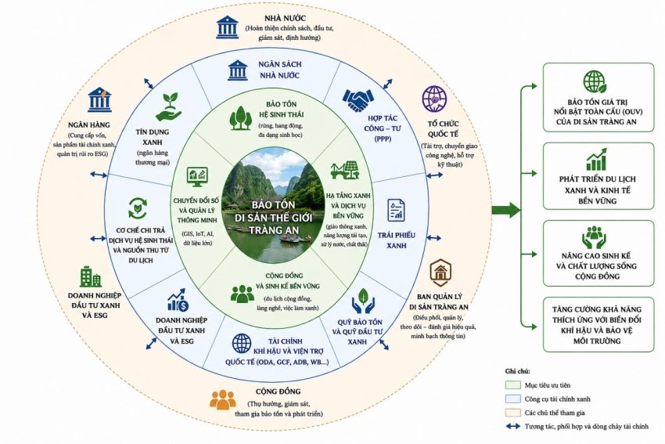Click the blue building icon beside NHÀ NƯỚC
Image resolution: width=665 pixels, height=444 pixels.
(227, 27)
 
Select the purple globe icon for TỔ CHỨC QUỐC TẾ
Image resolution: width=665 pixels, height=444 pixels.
(434, 99)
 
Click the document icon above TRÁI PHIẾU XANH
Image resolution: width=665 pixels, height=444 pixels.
(396, 210)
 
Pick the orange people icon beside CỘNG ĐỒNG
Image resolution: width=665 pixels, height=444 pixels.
(223, 400)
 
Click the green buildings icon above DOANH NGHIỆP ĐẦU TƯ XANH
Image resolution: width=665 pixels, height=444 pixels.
(90, 276)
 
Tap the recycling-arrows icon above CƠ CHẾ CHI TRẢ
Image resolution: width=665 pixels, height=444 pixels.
(138, 208)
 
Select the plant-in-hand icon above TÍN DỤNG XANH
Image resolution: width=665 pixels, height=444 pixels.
(168, 107)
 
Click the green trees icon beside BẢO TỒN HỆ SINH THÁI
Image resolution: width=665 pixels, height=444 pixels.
(241, 117)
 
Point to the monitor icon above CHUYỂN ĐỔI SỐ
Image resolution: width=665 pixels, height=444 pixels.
(197, 177)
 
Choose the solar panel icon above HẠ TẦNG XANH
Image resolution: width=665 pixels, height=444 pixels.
(346, 171)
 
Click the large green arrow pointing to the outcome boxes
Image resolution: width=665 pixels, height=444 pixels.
(506, 210)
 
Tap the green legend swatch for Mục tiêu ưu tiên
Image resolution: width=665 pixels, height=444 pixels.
(512, 385)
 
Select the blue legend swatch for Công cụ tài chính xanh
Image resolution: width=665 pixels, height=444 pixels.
(512, 399)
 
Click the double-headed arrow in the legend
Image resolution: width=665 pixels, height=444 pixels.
(512, 426)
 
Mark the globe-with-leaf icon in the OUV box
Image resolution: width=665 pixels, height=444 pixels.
(595, 81)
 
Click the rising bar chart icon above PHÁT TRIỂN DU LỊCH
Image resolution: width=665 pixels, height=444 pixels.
(597, 159)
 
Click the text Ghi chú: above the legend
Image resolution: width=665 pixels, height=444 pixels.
(517, 371)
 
